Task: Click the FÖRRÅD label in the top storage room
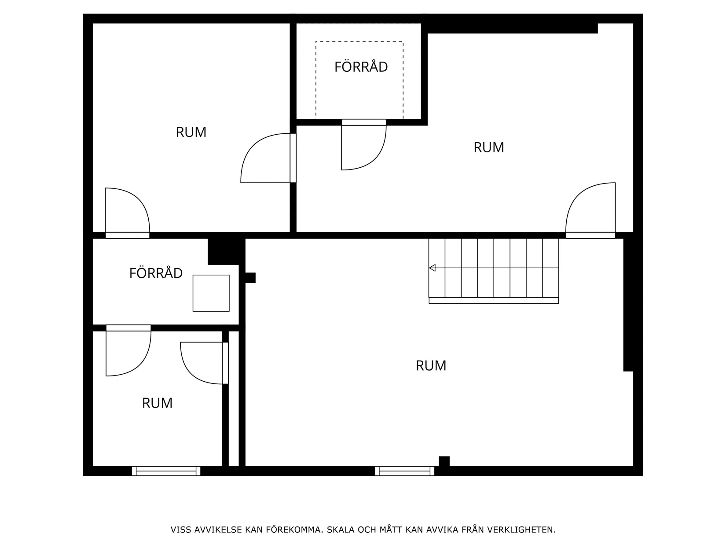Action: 361,67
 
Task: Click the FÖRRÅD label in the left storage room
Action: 156,273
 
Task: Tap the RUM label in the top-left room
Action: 191,132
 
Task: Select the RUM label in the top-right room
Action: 488,147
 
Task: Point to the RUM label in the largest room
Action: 431,366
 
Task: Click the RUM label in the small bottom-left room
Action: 157,403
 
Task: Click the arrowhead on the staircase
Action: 432,268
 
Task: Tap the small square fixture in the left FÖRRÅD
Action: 211,293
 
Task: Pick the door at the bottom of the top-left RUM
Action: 128,211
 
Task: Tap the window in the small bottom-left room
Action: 166,471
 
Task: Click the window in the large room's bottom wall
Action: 404,471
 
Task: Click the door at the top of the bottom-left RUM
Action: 128,352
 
